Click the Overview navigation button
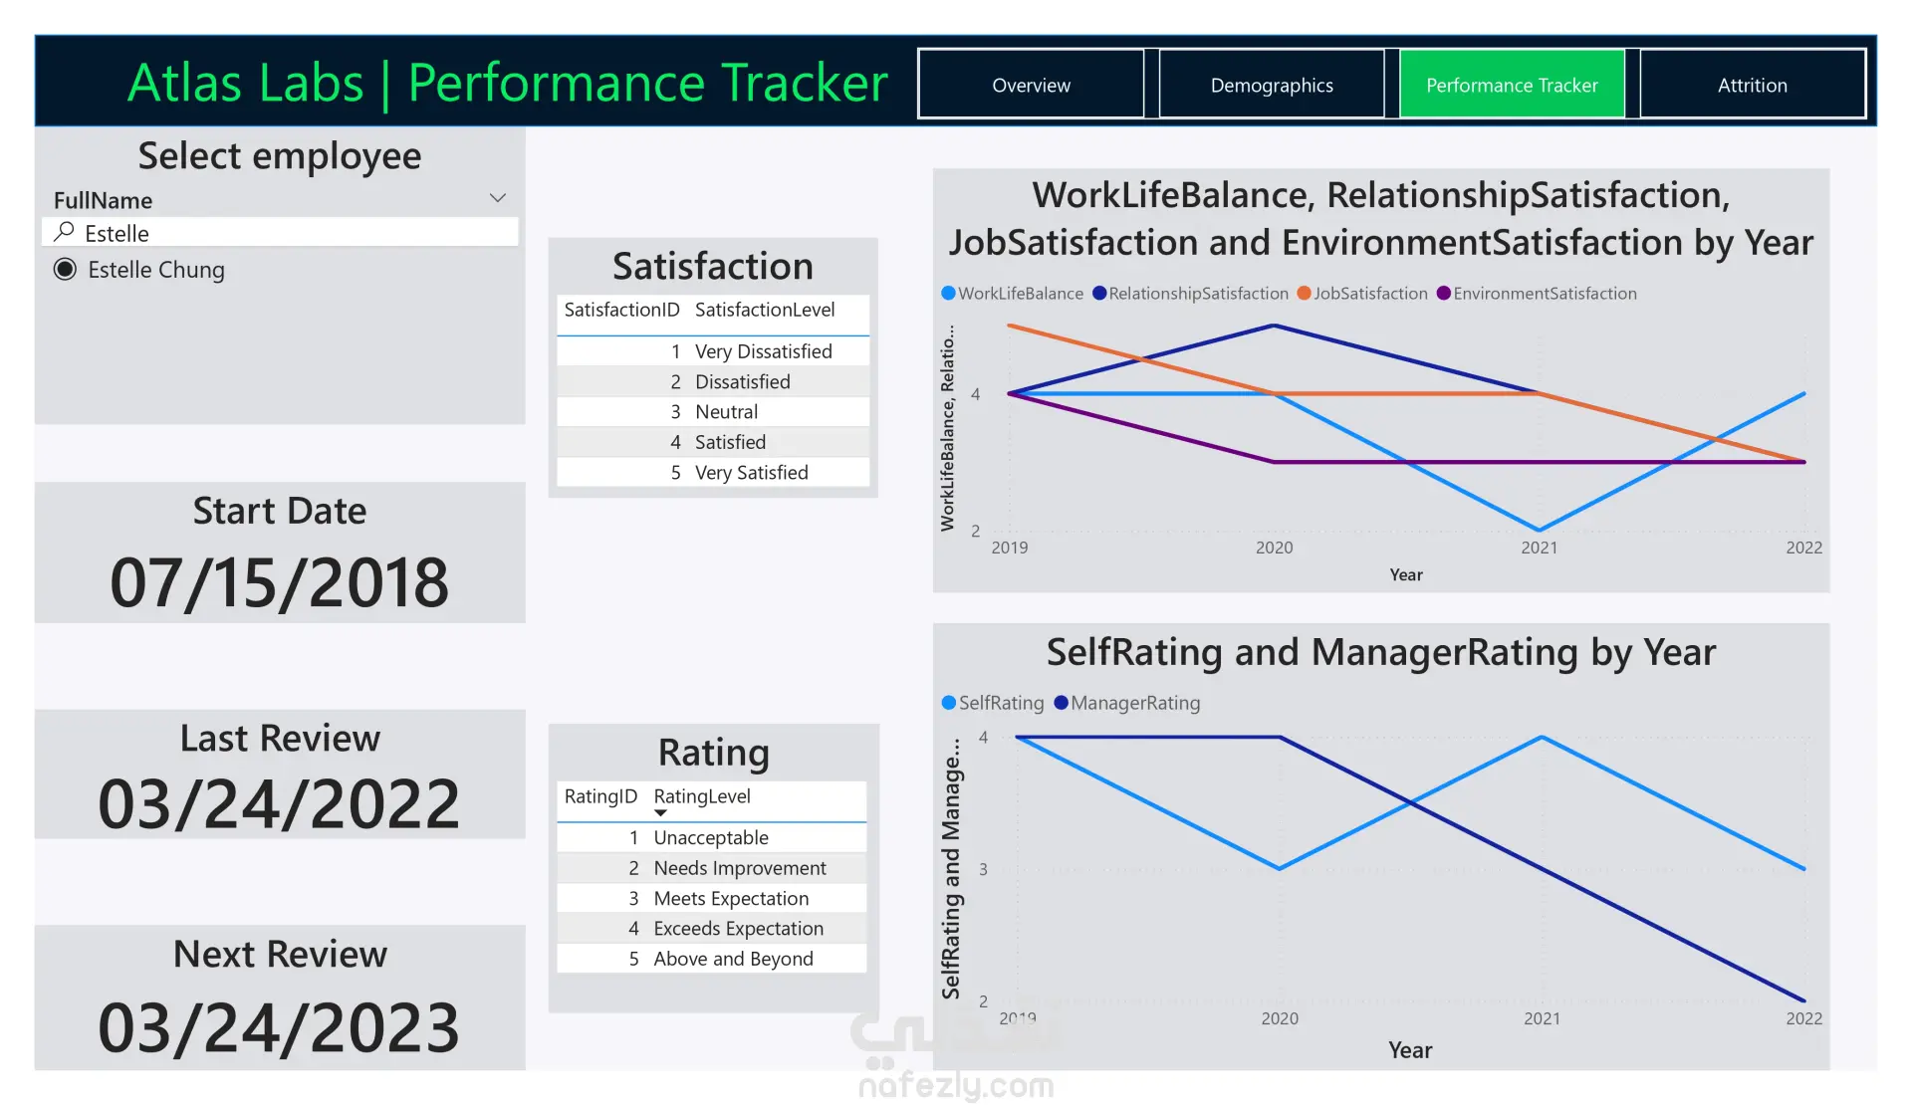(1031, 86)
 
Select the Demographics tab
(1272, 86)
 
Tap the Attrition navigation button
(1752, 86)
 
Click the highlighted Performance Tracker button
(1512, 86)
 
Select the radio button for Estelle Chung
(65, 270)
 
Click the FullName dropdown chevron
(498, 198)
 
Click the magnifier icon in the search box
(65, 232)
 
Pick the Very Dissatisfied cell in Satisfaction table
(763, 351)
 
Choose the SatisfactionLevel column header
(764, 310)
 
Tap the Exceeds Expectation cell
(738, 929)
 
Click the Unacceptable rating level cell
(710, 838)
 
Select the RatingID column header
(599, 796)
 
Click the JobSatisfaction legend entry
(1369, 294)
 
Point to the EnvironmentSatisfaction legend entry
(1544, 294)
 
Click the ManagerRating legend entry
(1134, 703)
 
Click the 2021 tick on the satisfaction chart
(1539, 548)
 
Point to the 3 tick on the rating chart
(983, 869)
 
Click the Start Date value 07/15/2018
(280, 582)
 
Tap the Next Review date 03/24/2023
(280, 1027)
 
